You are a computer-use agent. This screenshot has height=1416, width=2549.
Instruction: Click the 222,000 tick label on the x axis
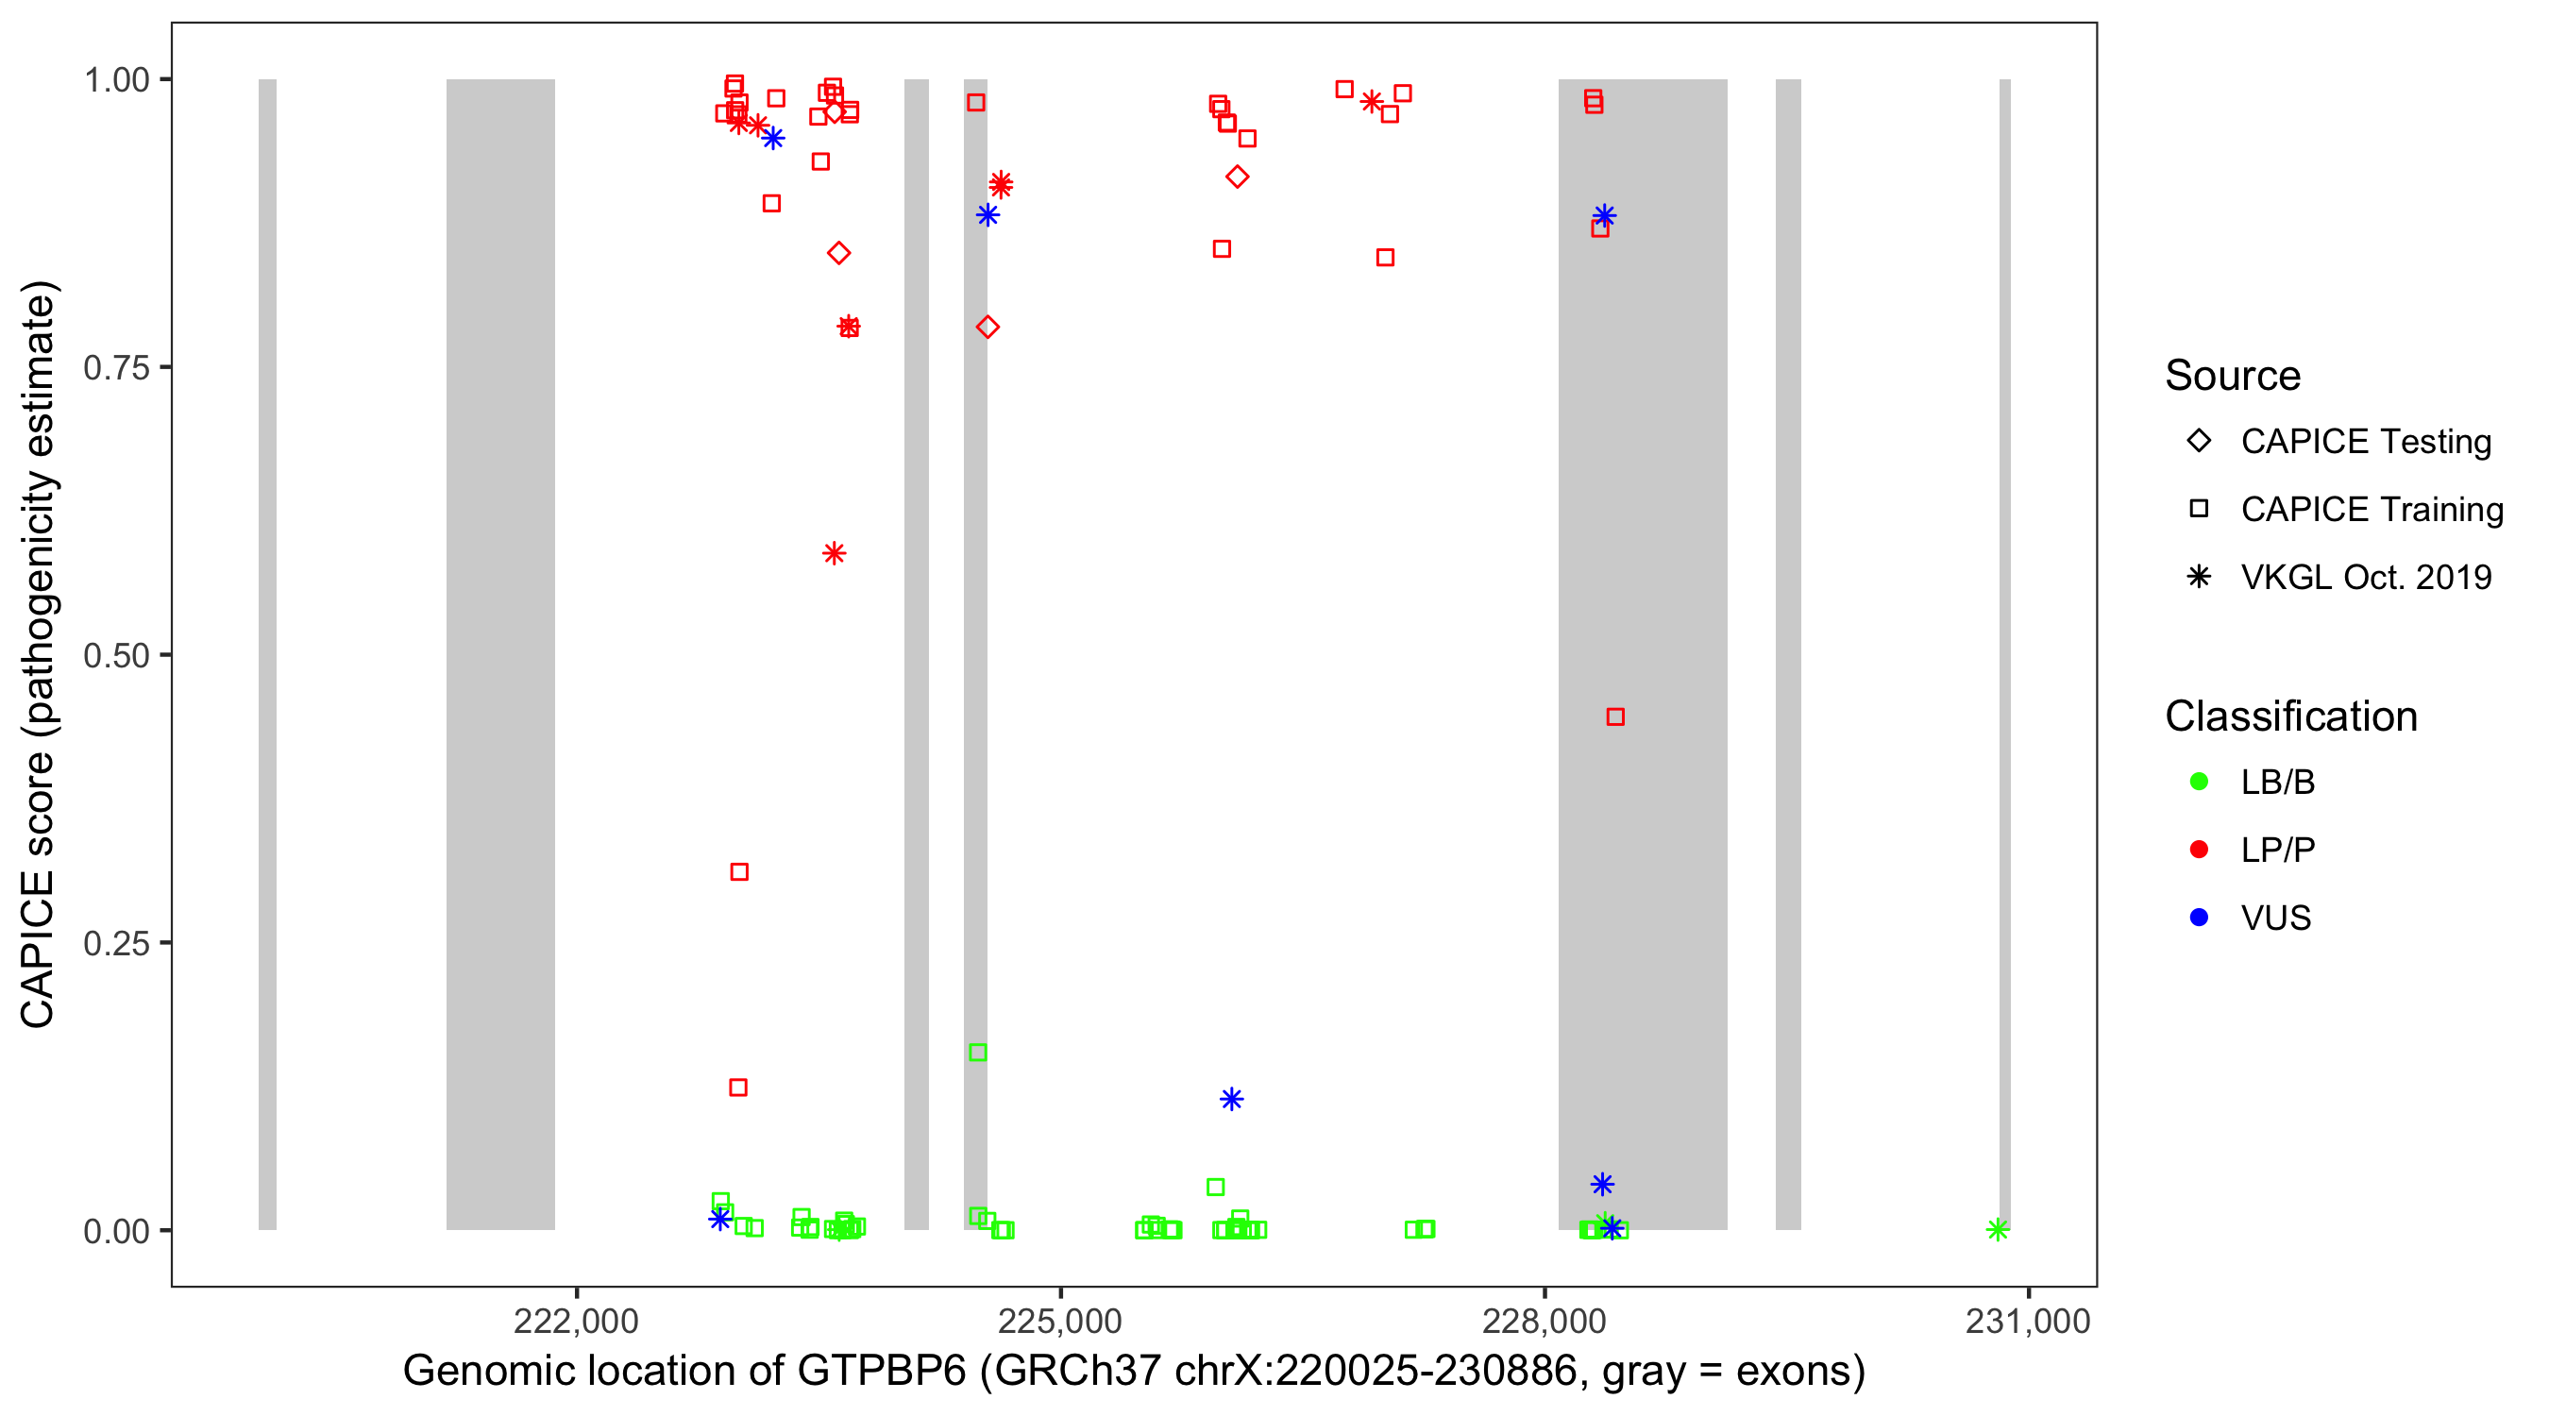click(x=576, y=1321)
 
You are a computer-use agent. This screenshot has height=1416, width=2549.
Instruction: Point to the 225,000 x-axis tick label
click(x=1060, y=1321)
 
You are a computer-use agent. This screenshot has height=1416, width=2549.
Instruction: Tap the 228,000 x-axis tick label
click(x=1544, y=1321)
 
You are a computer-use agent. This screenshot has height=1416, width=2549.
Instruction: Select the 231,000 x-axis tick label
click(x=2028, y=1321)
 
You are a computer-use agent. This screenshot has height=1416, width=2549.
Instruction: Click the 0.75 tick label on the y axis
click(x=116, y=368)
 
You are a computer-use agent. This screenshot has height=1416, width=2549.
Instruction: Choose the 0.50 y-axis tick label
click(x=116, y=656)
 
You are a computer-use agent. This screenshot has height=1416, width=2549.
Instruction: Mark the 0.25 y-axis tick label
click(x=116, y=943)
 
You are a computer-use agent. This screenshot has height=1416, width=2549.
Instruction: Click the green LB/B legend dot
click(x=2199, y=782)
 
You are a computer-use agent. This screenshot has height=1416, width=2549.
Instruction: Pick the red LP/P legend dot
click(x=2199, y=850)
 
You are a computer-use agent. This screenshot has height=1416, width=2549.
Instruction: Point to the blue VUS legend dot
click(x=2199, y=919)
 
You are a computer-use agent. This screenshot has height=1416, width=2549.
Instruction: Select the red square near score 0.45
click(x=1615, y=716)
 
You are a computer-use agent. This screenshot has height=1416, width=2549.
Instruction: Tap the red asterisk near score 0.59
click(x=835, y=553)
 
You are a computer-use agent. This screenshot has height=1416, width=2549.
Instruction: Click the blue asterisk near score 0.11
click(x=1231, y=1100)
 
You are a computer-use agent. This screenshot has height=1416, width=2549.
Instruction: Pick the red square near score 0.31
click(x=739, y=871)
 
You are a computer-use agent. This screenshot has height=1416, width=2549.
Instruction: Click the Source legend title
click(x=2233, y=376)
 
